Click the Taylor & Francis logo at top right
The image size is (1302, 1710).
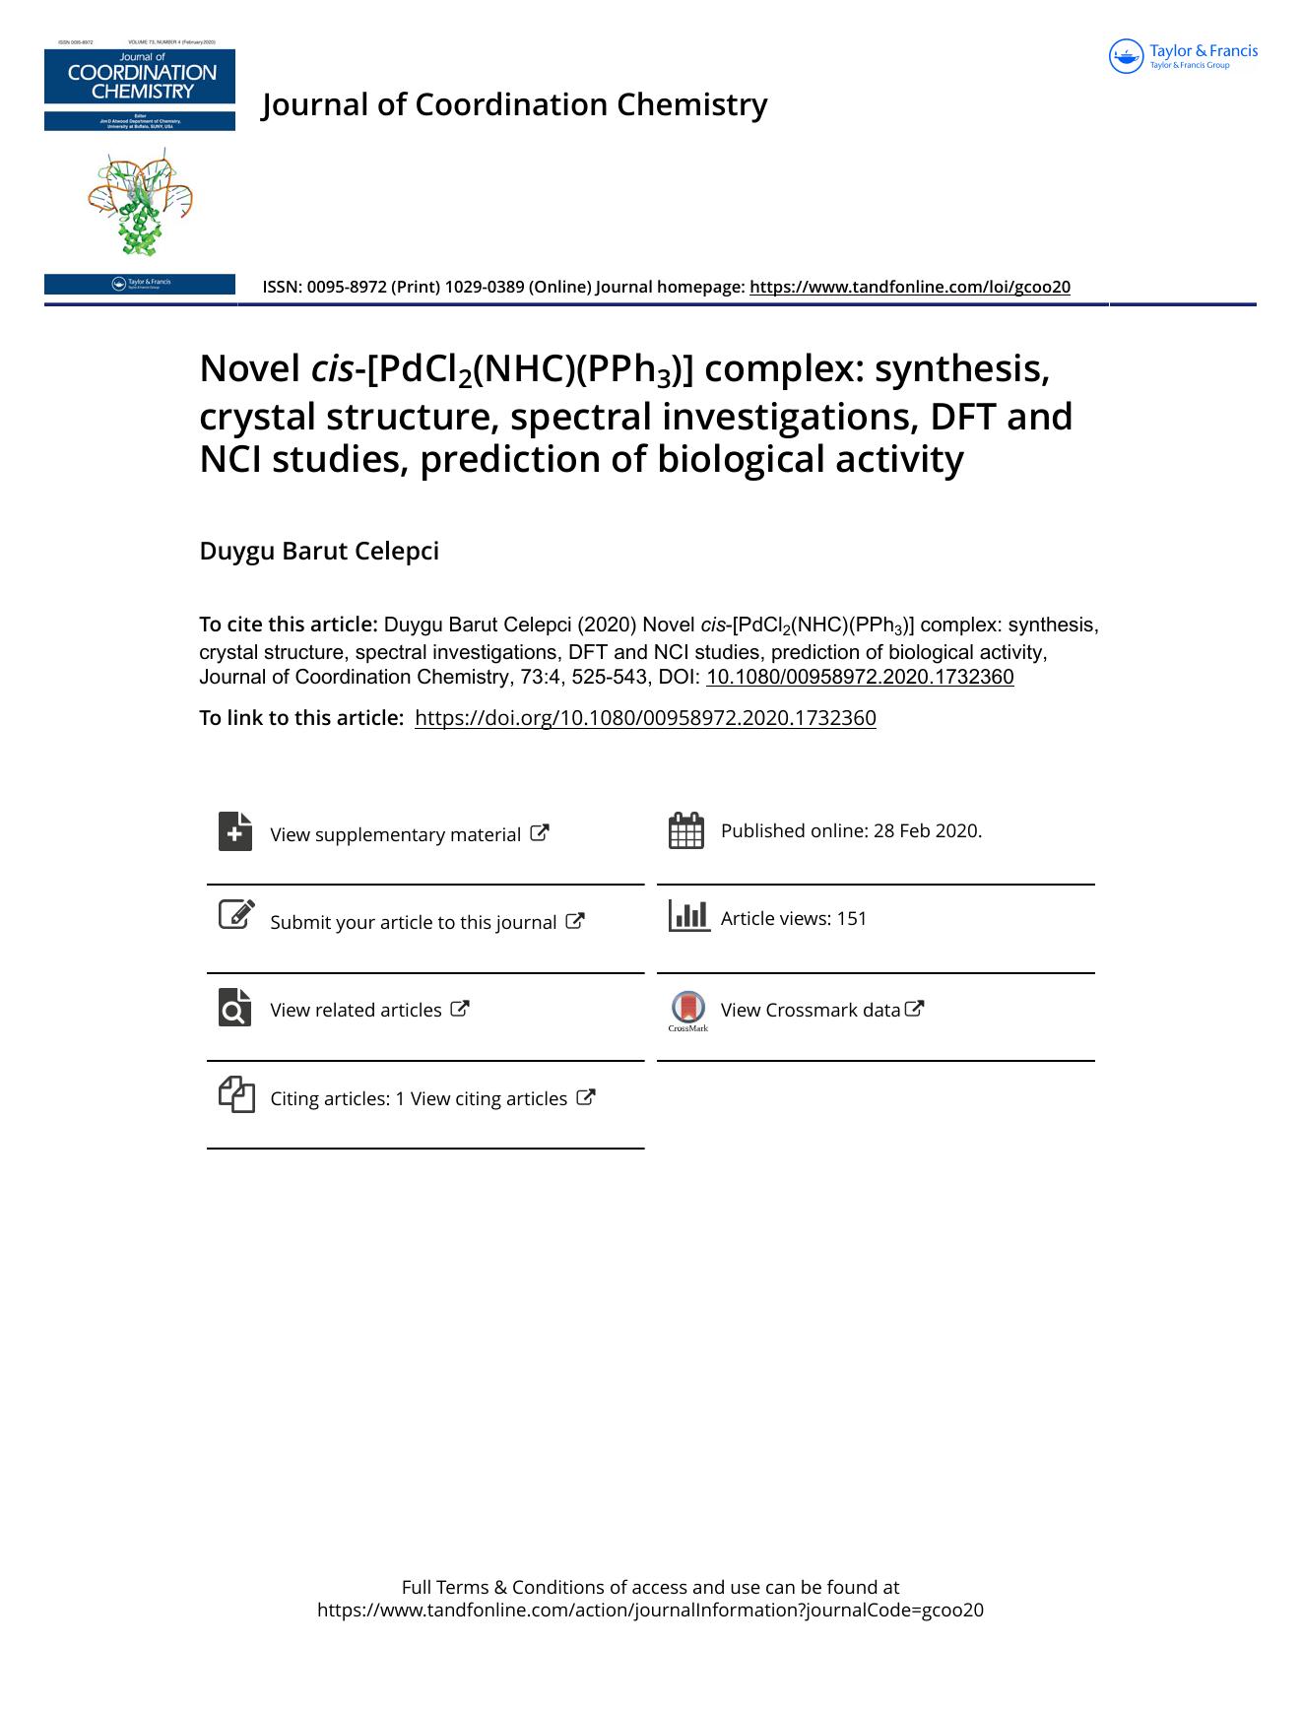tap(1183, 56)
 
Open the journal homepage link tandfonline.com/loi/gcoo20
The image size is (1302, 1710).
tap(909, 287)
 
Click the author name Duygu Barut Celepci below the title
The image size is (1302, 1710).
tap(319, 551)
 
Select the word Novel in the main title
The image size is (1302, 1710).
tap(248, 368)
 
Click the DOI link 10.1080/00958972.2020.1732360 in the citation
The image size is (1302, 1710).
tap(860, 677)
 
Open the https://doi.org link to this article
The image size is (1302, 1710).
tap(645, 717)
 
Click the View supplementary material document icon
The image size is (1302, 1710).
tap(235, 831)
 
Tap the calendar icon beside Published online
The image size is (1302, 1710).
tap(685, 830)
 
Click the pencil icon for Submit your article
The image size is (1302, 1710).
tap(235, 914)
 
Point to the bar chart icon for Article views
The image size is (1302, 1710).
tap(688, 916)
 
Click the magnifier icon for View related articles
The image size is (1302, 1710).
tap(235, 1007)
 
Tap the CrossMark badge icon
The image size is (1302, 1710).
tap(688, 1008)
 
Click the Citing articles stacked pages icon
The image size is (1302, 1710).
tap(236, 1094)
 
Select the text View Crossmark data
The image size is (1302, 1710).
tap(810, 1010)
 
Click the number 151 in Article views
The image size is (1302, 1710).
tap(852, 918)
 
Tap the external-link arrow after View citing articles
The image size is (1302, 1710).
tap(585, 1096)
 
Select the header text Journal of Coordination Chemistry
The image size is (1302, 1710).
tap(514, 104)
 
